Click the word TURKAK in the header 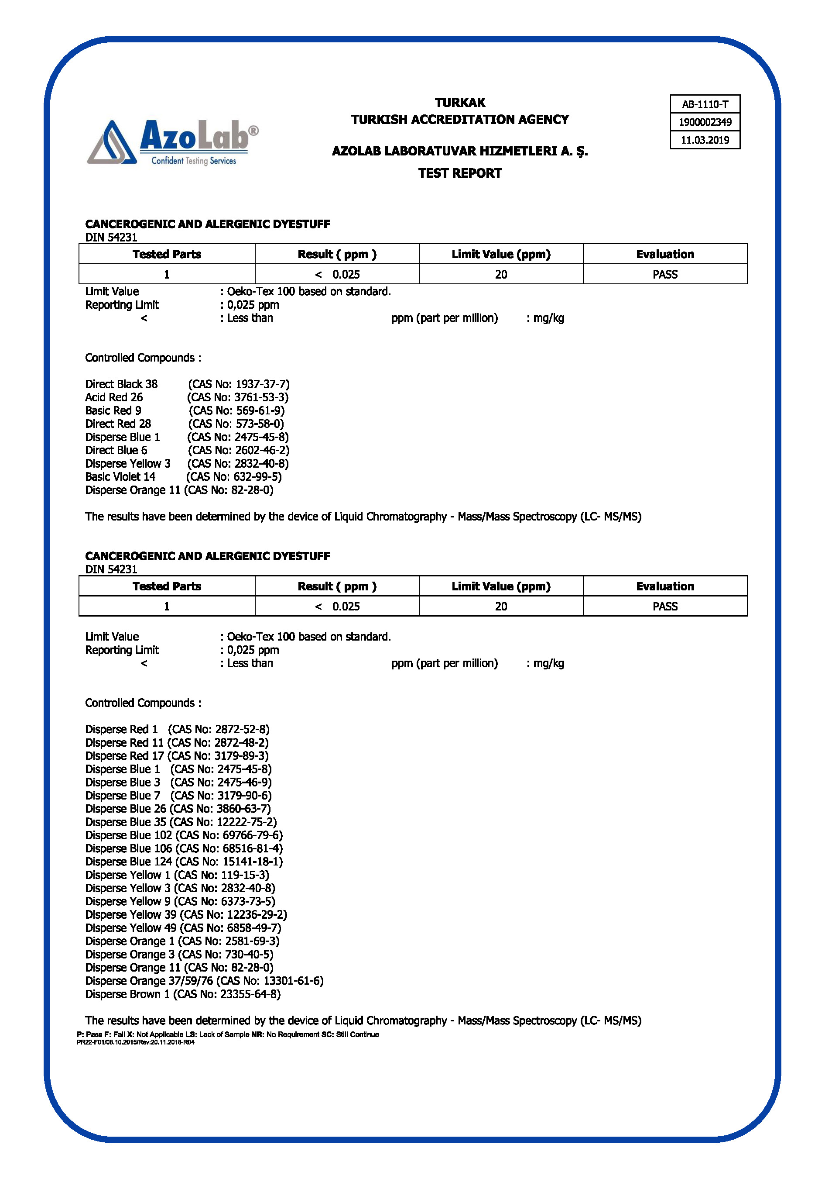pyautogui.click(x=460, y=103)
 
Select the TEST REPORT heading pyautogui.click(x=460, y=173)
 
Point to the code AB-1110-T pyautogui.click(x=705, y=104)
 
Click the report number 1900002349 pyautogui.click(x=705, y=122)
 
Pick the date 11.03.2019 pyautogui.click(x=705, y=140)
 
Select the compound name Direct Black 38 pyautogui.click(x=121, y=384)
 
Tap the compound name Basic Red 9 pyautogui.click(x=113, y=411)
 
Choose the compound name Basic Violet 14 pyautogui.click(x=120, y=476)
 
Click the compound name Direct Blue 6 pyautogui.click(x=116, y=450)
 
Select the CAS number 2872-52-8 pyautogui.click(x=242, y=729)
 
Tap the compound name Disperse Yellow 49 pyautogui.click(x=130, y=928)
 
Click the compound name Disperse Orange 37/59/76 pyautogui.click(x=149, y=981)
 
